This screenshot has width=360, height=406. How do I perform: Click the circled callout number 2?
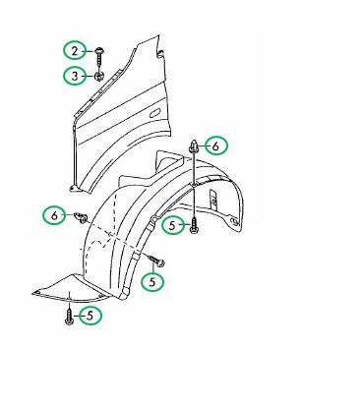pyautogui.click(x=75, y=51)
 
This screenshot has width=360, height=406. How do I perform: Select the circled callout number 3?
pyautogui.click(x=75, y=76)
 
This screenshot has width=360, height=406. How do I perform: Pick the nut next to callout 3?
pyautogui.click(x=99, y=77)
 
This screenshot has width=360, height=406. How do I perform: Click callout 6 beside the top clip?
pyautogui.click(x=215, y=145)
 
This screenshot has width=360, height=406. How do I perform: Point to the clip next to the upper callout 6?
pyautogui.click(x=194, y=146)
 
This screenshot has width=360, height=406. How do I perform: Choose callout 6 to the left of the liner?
pyautogui.click(x=54, y=215)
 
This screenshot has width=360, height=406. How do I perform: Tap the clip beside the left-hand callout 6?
pyautogui.click(x=81, y=216)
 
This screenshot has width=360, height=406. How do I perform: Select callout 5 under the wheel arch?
pyautogui.click(x=173, y=225)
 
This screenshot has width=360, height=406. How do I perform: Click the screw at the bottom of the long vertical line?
pyautogui.click(x=194, y=226)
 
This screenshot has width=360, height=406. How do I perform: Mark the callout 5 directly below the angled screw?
pyautogui.click(x=152, y=282)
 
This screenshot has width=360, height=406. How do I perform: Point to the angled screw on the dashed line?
pyautogui.click(x=157, y=261)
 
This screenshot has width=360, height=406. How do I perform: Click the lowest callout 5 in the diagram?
pyautogui.click(x=90, y=316)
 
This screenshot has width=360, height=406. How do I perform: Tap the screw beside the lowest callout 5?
pyautogui.click(x=69, y=316)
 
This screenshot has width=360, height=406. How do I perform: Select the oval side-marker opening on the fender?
pyautogui.click(x=155, y=112)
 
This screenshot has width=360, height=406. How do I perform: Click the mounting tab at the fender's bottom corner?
pyautogui.click(x=74, y=188)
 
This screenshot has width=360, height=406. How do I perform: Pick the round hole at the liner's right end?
pyautogui.click(x=234, y=222)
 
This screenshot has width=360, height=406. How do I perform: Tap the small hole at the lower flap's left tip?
pyautogui.click(x=38, y=292)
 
